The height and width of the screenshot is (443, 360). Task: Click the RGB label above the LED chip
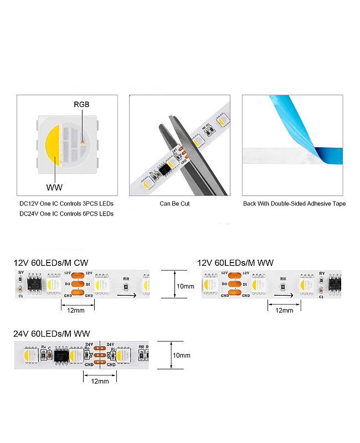pyautogui.click(x=81, y=104)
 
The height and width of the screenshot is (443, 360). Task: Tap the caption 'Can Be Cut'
pyautogui.click(x=174, y=203)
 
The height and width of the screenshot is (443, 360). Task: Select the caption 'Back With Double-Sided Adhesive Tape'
pyautogui.click(x=294, y=203)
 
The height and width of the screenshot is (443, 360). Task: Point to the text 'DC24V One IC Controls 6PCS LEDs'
pyautogui.click(x=66, y=213)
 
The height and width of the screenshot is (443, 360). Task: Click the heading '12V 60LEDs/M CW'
pyautogui.click(x=50, y=262)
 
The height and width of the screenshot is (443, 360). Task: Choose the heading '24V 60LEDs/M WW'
pyautogui.click(x=52, y=333)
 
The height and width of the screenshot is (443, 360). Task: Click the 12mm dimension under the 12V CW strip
pyautogui.click(x=75, y=310)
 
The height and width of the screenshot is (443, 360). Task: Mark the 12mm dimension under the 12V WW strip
pyautogui.click(x=284, y=310)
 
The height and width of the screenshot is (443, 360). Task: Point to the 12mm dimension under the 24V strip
pyautogui.click(x=100, y=381)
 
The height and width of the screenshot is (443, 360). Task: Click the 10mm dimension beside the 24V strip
pyautogui.click(x=181, y=355)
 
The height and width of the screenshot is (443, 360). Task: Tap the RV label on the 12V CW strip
pyautogui.click(x=21, y=274)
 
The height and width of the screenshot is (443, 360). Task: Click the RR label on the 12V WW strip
pyautogui.click(x=283, y=279)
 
